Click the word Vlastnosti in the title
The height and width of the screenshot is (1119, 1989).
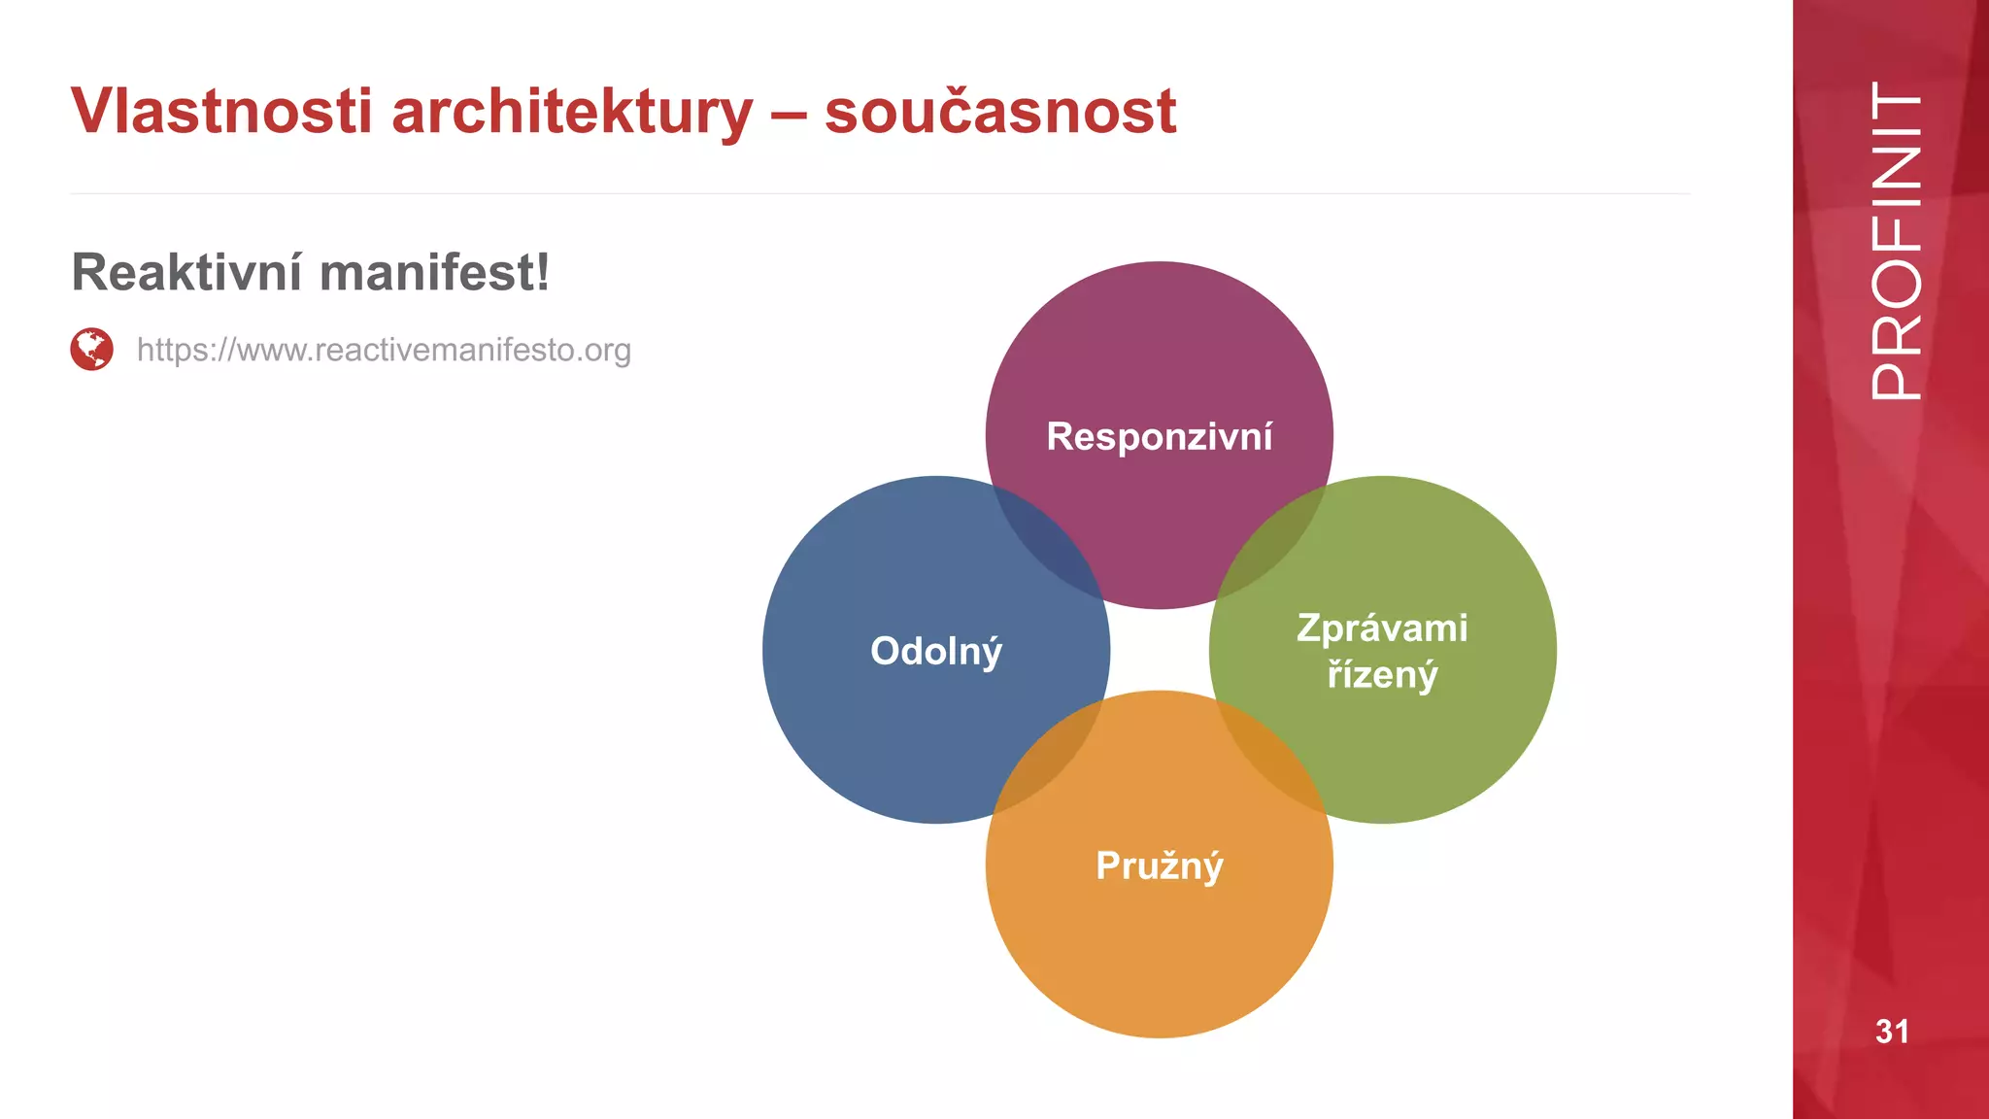point(221,111)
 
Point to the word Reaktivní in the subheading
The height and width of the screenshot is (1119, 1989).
point(187,272)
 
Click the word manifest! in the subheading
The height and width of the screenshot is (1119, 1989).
point(434,272)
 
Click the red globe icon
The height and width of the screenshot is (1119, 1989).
point(92,349)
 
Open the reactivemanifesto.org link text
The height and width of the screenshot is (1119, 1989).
point(384,350)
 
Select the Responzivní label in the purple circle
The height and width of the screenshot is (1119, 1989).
point(1160,436)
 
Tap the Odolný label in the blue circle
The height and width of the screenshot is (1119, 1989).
point(936,651)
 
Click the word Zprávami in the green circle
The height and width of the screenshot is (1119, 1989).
point(1382,627)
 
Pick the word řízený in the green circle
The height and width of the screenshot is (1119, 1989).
point(1382,674)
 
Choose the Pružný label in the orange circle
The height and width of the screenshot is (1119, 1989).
point(1160,865)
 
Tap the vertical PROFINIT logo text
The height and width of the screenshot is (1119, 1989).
point(1895,241)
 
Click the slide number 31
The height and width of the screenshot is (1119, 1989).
point(1892,1032)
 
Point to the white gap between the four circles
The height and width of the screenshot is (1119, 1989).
point(1160,650)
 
